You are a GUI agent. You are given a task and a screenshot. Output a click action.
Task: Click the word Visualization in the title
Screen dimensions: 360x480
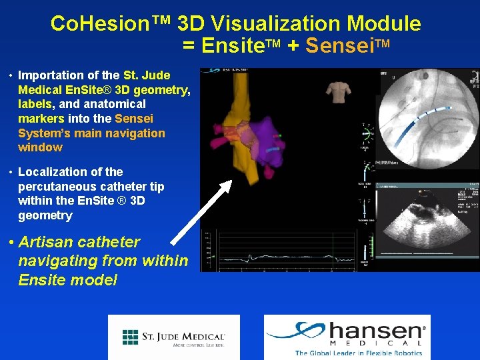click(274, 24)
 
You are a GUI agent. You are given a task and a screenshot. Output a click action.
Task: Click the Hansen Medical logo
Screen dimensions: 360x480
click(347, 337)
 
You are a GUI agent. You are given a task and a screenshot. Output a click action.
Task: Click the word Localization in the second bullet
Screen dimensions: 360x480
click(53, 172)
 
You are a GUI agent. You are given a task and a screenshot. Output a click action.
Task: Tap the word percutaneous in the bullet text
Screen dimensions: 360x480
click(53, 187)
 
